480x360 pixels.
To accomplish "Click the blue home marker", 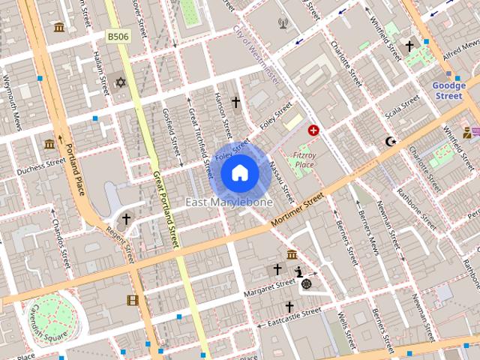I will coord(240,172).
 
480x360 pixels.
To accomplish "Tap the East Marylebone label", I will coord(229,202).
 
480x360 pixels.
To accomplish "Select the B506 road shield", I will coord(118,36).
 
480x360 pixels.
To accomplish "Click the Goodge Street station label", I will coord(448,91).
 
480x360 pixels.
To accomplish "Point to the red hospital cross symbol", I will coord(313,130).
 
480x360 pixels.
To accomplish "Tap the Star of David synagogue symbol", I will coord(120,81).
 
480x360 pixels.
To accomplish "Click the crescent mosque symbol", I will coord(389,141).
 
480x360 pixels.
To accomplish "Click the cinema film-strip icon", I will coord(133,301).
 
